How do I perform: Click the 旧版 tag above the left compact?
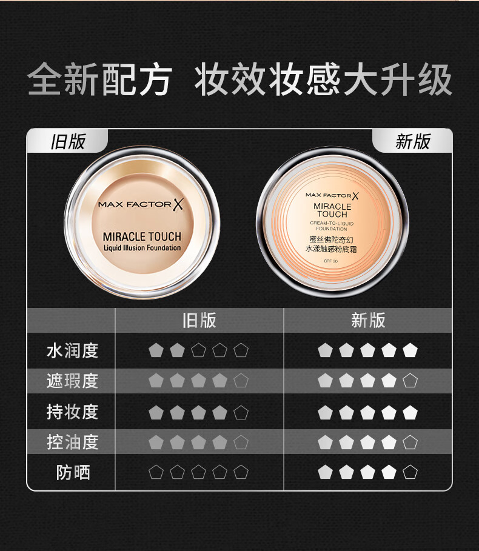(x=68, y=142)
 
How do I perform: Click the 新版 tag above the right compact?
(x=412, y=142)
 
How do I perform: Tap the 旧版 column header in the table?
(x=199, y=320)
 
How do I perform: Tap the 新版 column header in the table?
(x=368, y=320)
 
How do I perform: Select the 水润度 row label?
(x=72, y=350)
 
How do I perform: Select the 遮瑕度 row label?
(x=72, y=381)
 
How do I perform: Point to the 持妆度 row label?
(x=72, y=412)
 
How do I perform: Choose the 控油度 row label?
(x=72, y=442)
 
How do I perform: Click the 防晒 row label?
(x=73, y=472)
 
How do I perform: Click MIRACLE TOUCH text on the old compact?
(x=142, y=236)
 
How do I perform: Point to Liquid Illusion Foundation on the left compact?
(x=142, y=248)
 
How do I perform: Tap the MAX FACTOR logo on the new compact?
(x=332, y=195)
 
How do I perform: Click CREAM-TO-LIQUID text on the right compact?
(x=332, y=224)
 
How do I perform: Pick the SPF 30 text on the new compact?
(x=314, y=260)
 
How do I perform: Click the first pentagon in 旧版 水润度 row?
(x=156, y=350)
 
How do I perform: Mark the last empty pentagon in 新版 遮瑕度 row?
(x=410, y=381)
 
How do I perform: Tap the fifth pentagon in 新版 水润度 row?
(x=410, y=350)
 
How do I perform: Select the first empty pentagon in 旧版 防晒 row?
(x=156, y=472)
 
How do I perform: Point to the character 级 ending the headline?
(x=436, y=79)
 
